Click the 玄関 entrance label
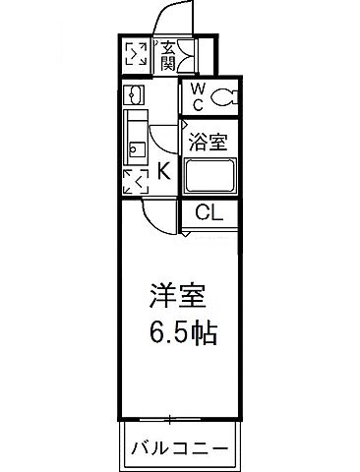point(168,54)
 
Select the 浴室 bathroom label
point(208,141)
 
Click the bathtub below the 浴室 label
point(210,177)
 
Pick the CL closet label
point(208,212)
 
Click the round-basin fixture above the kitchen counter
point(135,95)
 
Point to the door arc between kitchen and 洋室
point(157,210)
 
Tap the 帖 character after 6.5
point(203,331)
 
